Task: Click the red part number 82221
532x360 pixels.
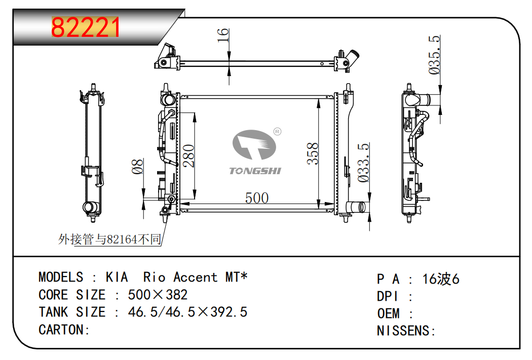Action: [x=86, y=27]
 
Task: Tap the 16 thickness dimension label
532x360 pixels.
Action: [x=223, y=35]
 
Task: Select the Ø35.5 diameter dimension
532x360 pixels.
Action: [x=434, y=55]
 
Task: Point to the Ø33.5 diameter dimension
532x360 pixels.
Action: [x=363, y=163]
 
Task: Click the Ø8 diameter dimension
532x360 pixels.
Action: [x=138, y=166]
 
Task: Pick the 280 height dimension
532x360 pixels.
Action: [x=188, y=155]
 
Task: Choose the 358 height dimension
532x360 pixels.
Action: [x=313, y=153]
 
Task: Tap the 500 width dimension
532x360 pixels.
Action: [x=257, y=198]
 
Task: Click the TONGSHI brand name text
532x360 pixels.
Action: [x=255, y=171]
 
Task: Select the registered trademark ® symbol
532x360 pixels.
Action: [x=277, y=132]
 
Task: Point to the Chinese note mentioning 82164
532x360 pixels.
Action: [x=109, y=239]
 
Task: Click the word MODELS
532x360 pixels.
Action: [x=61, y=277]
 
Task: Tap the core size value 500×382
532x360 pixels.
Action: [x=158, y=295]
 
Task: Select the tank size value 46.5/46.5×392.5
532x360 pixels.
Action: [x=187, y=312]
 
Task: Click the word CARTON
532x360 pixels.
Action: [x=61, y=330]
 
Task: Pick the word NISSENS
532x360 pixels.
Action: [x=403, y=331]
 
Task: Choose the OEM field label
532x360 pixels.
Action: [x=389, y=313]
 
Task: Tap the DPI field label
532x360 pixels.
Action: [x=387, y=296]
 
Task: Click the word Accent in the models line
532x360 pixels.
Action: [x=196, y=277]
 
